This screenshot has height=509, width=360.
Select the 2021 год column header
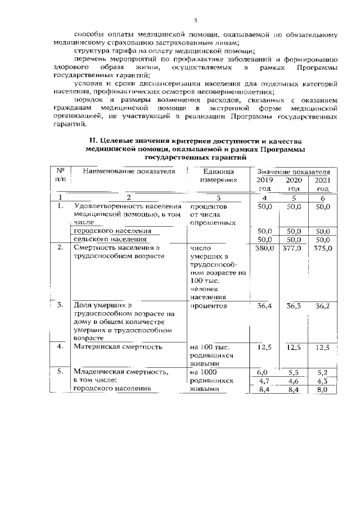click(322, 184)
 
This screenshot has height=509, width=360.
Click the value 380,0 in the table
click(264, 248)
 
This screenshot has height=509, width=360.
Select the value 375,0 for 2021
click(322, 248)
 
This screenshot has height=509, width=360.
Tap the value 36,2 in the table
click(322, 307)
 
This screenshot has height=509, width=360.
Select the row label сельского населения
click(106, 240)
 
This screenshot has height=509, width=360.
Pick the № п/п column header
click(60, 175)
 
